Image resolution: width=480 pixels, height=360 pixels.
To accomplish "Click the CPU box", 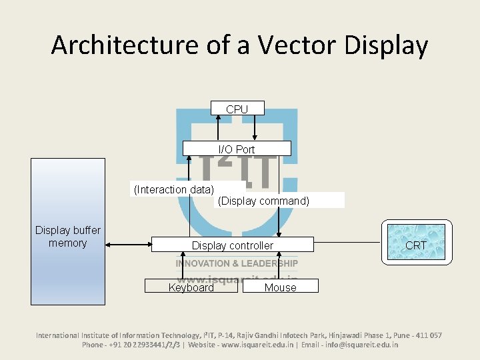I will click(x=237, y=109).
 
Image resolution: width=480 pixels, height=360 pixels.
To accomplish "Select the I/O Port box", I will click(x=237, y=149).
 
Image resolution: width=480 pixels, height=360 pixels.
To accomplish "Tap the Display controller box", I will click(x=232, y=245).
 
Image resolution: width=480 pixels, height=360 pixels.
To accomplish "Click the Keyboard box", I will click(x=191, y=287).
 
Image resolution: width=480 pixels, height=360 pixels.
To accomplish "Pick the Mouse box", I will click(x=280, y=287).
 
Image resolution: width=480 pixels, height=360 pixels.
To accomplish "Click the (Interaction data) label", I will click(x=173, y=189).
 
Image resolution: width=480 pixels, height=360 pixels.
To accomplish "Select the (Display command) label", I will click(x=263, y=201).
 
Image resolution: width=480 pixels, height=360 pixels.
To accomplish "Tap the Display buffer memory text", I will click(x=67, y=237).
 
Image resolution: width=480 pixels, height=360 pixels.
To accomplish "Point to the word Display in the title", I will click(x=386, y=45).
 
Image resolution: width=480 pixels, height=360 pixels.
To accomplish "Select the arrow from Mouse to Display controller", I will click(x=280, y=266).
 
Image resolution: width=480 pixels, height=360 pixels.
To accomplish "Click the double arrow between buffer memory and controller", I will click(x=128, y=245).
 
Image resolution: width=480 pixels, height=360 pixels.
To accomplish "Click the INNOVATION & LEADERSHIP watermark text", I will click(x=237, y=263).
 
